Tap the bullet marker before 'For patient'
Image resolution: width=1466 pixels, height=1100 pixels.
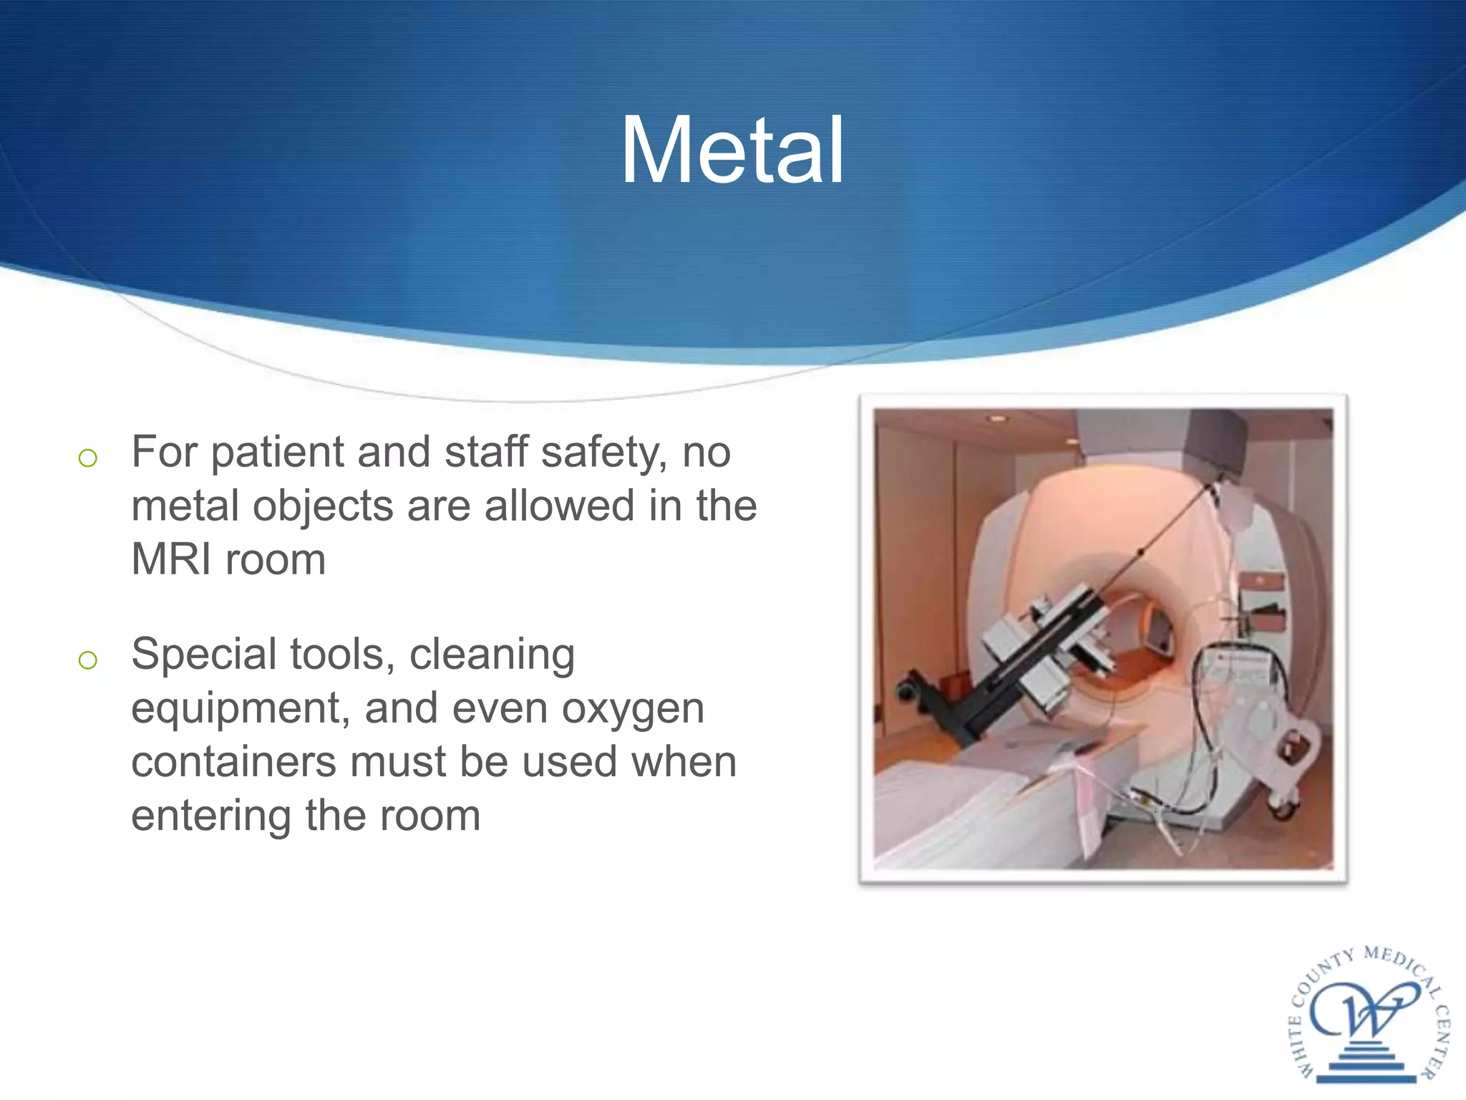click(87, 458)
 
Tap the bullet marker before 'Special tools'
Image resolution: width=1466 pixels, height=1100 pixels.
click(87, 660)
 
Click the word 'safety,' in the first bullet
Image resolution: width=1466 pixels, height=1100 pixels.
click(605, 453)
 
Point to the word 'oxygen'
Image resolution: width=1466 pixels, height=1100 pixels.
click(633, 709)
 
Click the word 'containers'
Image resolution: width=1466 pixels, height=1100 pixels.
click(233, 761)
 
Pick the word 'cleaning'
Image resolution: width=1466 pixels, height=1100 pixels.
click(492, 655)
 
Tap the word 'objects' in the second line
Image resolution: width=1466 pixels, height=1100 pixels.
click(322, 506)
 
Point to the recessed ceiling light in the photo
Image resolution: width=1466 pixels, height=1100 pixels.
click(996, 418)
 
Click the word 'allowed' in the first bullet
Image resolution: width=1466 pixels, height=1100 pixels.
click(559, 506)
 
